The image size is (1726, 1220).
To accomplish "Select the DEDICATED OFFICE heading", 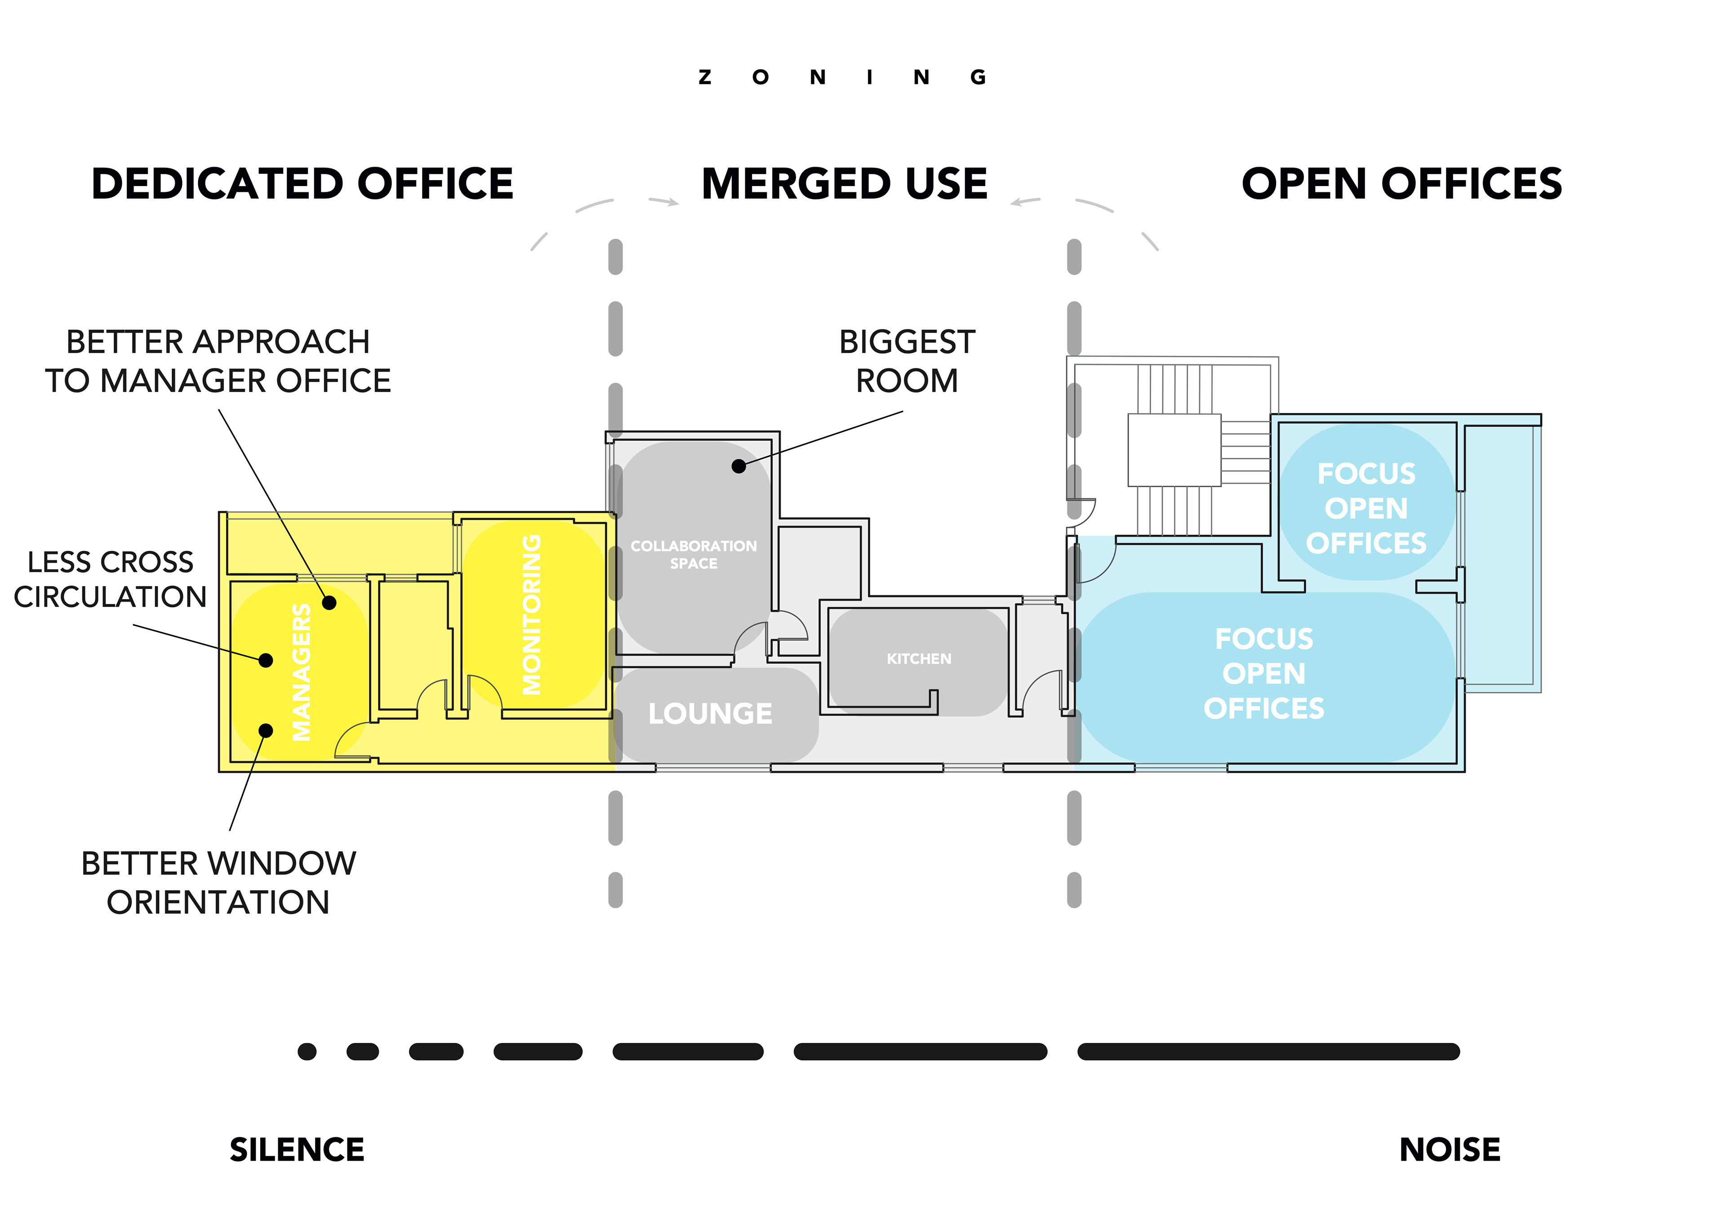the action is pyautogui.click(x=302, y=184).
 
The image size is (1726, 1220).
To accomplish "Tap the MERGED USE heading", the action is pyautogui.click(x=844, y=184).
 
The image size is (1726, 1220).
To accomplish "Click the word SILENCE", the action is pyautogui.click(x=297, y=1149).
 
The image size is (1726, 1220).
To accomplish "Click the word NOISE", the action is pyautogui.click(x=1450, y=1149).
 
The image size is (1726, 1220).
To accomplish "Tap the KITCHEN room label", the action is pyautogui.click(x=919, y=658).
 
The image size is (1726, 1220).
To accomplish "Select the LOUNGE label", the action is pyautogui.click(x=710, y=714).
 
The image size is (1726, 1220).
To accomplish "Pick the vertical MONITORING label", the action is pyautogui.click(x=531, y=614).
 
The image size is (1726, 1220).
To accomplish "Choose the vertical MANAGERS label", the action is pyautogui.click(x=302, y=672).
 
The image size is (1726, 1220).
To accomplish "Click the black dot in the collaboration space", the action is pyautogui.click(x=739, y=466).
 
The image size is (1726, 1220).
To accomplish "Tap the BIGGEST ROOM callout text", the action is pyautogui.click(x=907, y=362).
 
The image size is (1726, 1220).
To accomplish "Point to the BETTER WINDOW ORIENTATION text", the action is pyautogui.click(x=218, y=883).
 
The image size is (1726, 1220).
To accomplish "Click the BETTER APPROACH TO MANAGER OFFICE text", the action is pyautogui.click(x=218, y=362).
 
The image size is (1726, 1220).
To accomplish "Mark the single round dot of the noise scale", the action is pyautogui.click(x=307, y=1051).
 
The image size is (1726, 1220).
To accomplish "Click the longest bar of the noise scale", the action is pyautogui.click(x=1268, y=1051).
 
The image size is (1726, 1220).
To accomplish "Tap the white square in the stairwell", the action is pyautogui.click(x=1174, y=449).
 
